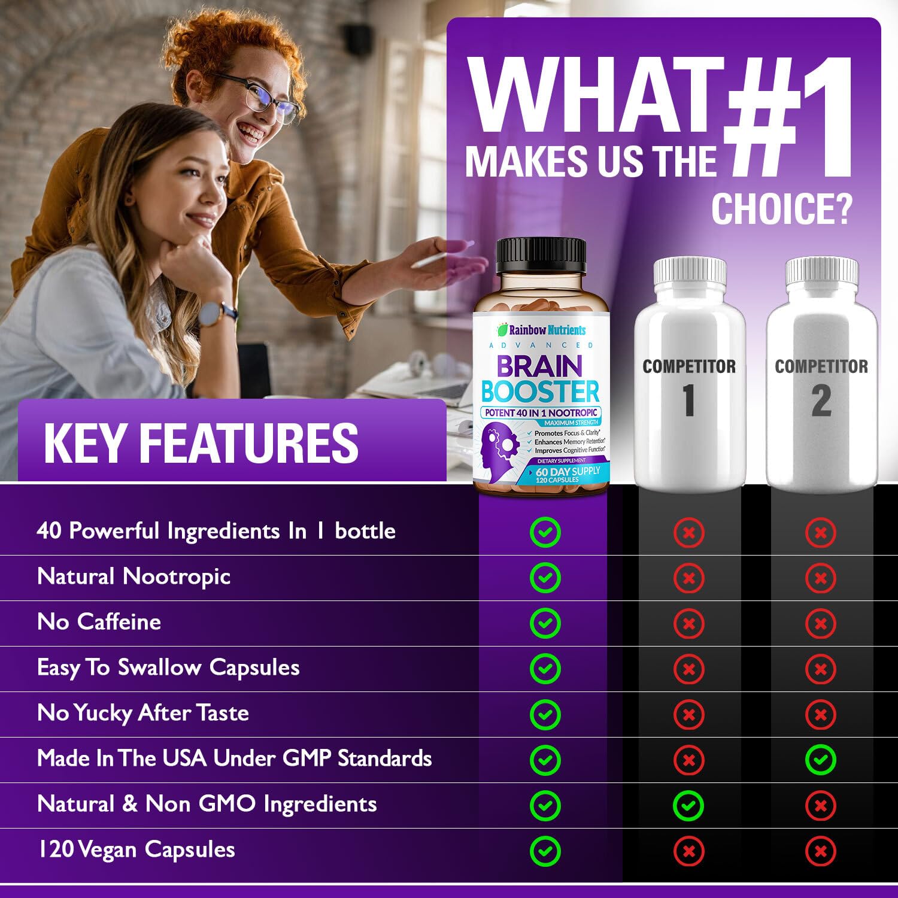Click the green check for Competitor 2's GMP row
coord(820,760)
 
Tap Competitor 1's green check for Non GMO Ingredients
coord(688,805)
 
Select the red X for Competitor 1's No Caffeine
coord(688,623)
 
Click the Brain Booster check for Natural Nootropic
coord(545,578)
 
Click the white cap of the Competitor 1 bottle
coord(690,272)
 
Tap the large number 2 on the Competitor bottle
coord(821,401)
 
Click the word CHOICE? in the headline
coord(781,209)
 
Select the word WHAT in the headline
coord(596,96)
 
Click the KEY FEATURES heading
coord(201,443)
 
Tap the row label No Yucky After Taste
coord(143,713)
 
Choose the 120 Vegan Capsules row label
coord(136,850)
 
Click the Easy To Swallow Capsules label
coord(168,668)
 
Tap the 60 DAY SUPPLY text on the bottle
coord(568,472)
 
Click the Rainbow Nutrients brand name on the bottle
coord(546,330)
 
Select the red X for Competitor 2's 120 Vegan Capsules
coord(820,851)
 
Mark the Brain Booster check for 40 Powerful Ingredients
coord(545,532)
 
